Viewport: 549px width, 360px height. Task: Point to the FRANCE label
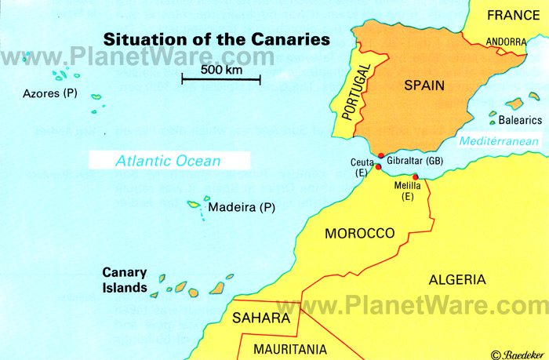coord(513,15)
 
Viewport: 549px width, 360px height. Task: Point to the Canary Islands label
coord(125,280)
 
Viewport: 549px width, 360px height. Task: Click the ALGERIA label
coord(457,279)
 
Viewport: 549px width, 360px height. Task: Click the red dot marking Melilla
coord(415,176)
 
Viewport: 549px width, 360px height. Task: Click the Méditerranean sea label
coord(499,142)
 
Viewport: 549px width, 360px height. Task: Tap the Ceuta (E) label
coord(362,168)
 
